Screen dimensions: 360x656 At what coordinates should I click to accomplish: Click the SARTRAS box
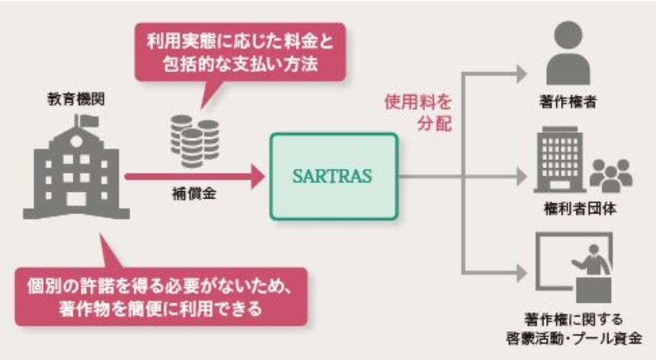tap(333, 175)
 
